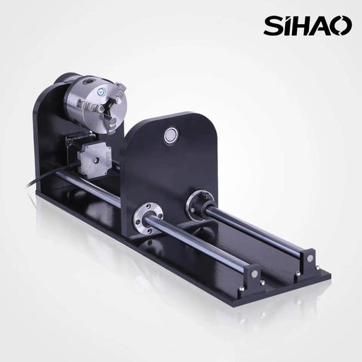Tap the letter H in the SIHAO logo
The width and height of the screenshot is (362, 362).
pyautogui.click(x=305, y=25)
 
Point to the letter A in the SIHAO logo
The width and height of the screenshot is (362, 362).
pyautogui.click(x=324, y=25)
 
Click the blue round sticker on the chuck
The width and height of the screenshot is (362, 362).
pyautogui.click(x=101, y=92)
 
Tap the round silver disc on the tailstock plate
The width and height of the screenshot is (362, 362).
pyautogui.click(x=171, y=135)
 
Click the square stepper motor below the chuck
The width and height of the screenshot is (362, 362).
pyautogui.click(x=94, y=158)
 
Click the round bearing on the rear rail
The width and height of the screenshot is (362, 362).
pyautogui.click(x=199, y=204)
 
